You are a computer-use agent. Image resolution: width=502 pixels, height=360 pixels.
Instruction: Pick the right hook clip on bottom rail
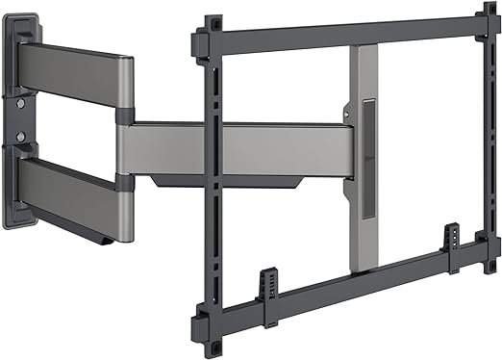[449, 236]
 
